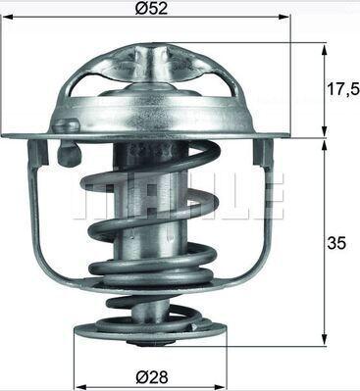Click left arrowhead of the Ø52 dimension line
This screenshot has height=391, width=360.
pyautogui.click(x=6, y=18)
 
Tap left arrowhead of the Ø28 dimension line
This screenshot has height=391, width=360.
pyautogui.click(x=79, y=384)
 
